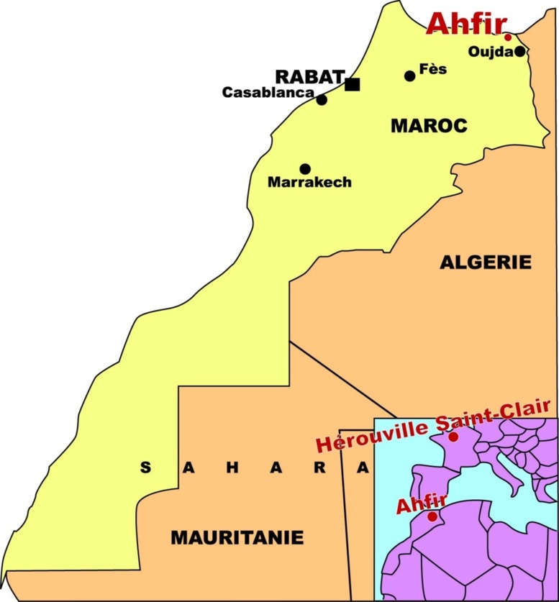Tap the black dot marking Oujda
coord(519,51)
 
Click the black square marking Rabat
coord(352,84)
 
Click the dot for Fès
coord(409,76)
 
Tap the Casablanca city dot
coord(322,99)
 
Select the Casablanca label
coord(268,93)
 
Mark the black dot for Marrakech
coord(305,169)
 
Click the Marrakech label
coord(309,183)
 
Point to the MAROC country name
coord(429,126)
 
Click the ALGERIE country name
coord(486,263)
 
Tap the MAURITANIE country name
coord(237,537)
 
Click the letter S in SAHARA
coord(145,468)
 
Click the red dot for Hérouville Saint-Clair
coord(453,437)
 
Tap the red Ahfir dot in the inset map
coord(432,516)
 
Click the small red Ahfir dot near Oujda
coord(508,37)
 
